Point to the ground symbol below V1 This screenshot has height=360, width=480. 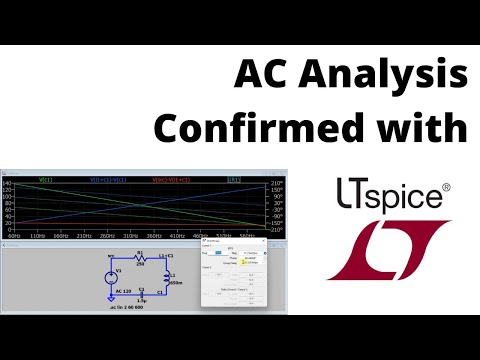tap(108, 298)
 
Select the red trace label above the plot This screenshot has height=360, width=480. tap(167, 180)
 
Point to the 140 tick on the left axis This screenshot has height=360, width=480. tap(8, 185)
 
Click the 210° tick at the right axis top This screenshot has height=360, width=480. tap(274, 185)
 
